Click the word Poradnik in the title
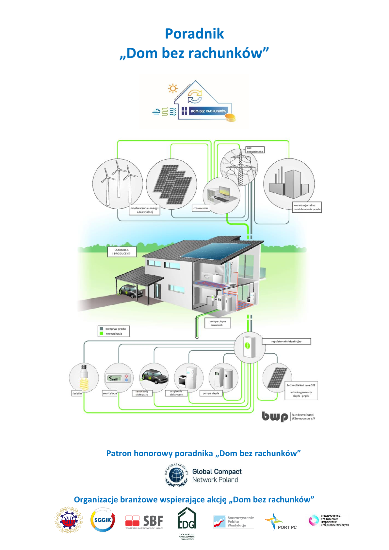click(194, 34)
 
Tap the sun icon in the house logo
click(173, 88)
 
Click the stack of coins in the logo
click(231, 117)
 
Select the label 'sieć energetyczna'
click(255, 150)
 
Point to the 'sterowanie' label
click(201, 208)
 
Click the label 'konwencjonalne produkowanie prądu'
click(307, 207)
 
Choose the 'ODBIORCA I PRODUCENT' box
click(122, 251)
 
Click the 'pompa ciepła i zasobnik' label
click(218, 323)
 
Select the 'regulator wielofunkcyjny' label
click(286, 341)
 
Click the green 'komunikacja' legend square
click(101, 333)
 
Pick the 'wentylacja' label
click(110, 393)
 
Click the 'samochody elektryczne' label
click(142, 393)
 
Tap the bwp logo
click(275, 416)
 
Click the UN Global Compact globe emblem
click(176, 475)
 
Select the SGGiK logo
click(103, 520)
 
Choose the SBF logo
click(144, 521)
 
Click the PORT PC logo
click(281, 522)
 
